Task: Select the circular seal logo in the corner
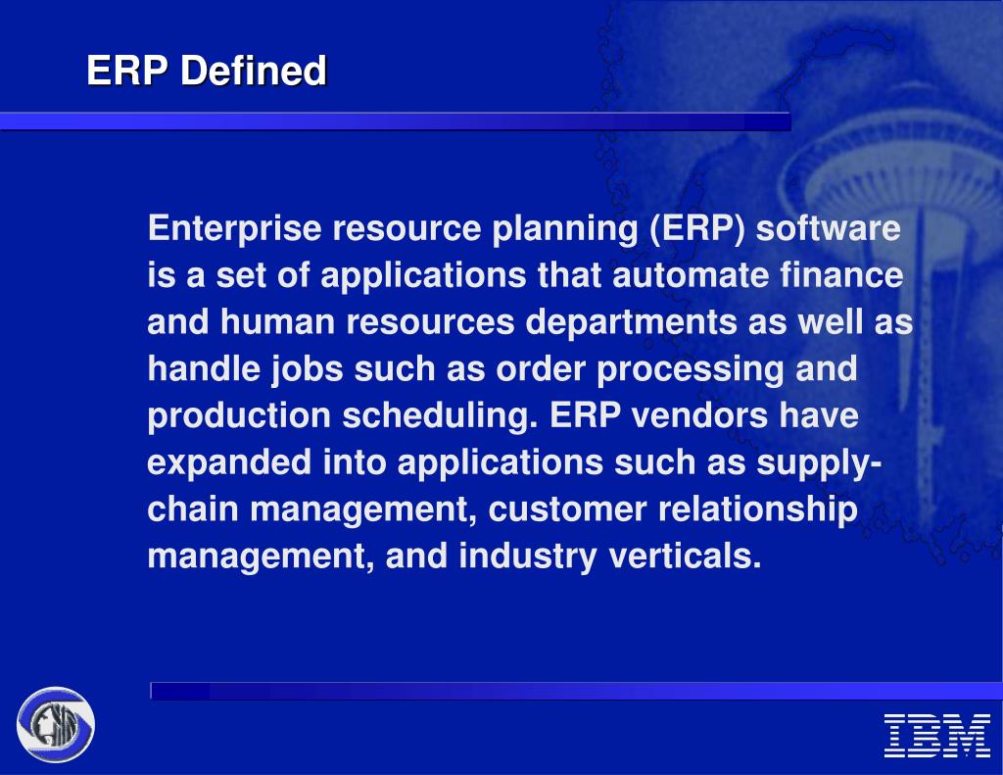56,725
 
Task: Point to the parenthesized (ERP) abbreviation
695,229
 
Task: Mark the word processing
684,369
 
